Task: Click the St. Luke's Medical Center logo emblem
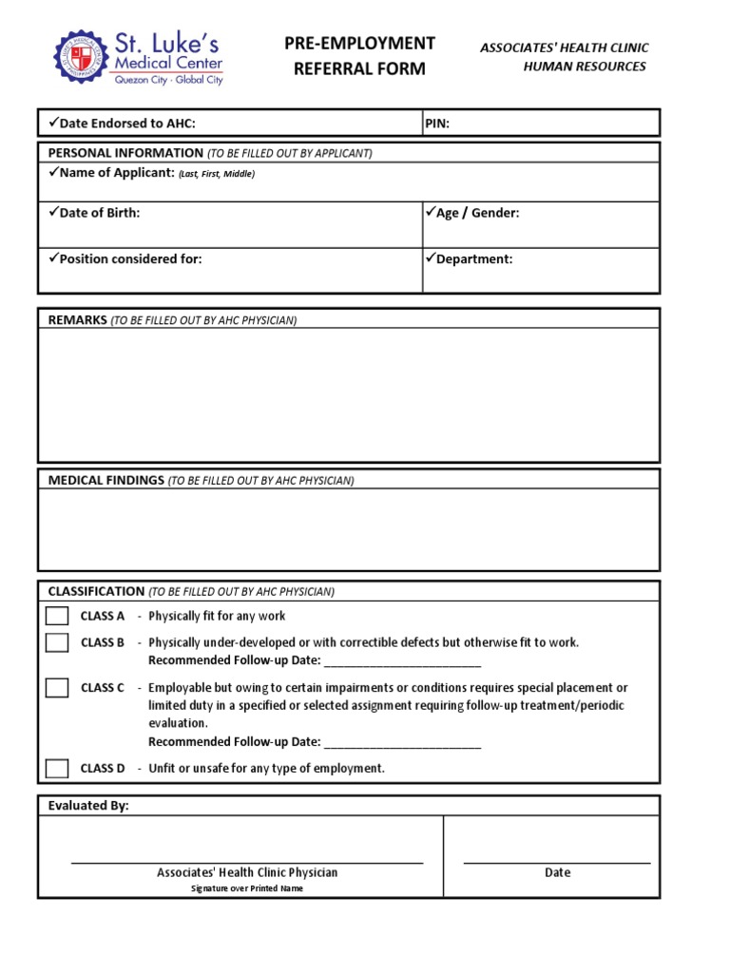pyautogui.click(x=83, y=59)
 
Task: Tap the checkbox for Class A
pyautogui.click(x=57, y=616)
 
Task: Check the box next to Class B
pyautogui.click(x=57, y=642)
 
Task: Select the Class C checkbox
pyautogui.click(x=57, y=687)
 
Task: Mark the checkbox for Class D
pyautogui.click(x=57, y=768)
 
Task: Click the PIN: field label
pyautogui.click(x=437, y=123)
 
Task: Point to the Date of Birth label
pyautogui.click(x=99, y=213)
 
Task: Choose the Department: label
pyautogui.click(x=473, y=258)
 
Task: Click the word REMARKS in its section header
pyautogui.click(x=77, y=320)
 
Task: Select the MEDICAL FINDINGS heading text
pyautogui.click(x=106, y=480)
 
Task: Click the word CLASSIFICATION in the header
pyautogui.click(x=96, y=591)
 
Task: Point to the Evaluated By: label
pyautogui.click(x=88, y=806)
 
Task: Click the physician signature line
pyautogui.click(x=247, y=861)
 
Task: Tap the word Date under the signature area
pyautogui.click(x=557, y=872)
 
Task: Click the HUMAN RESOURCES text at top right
pyautogui.click(x=585, y=67)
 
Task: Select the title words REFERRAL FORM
pyautogui.click(x=359, y=68)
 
